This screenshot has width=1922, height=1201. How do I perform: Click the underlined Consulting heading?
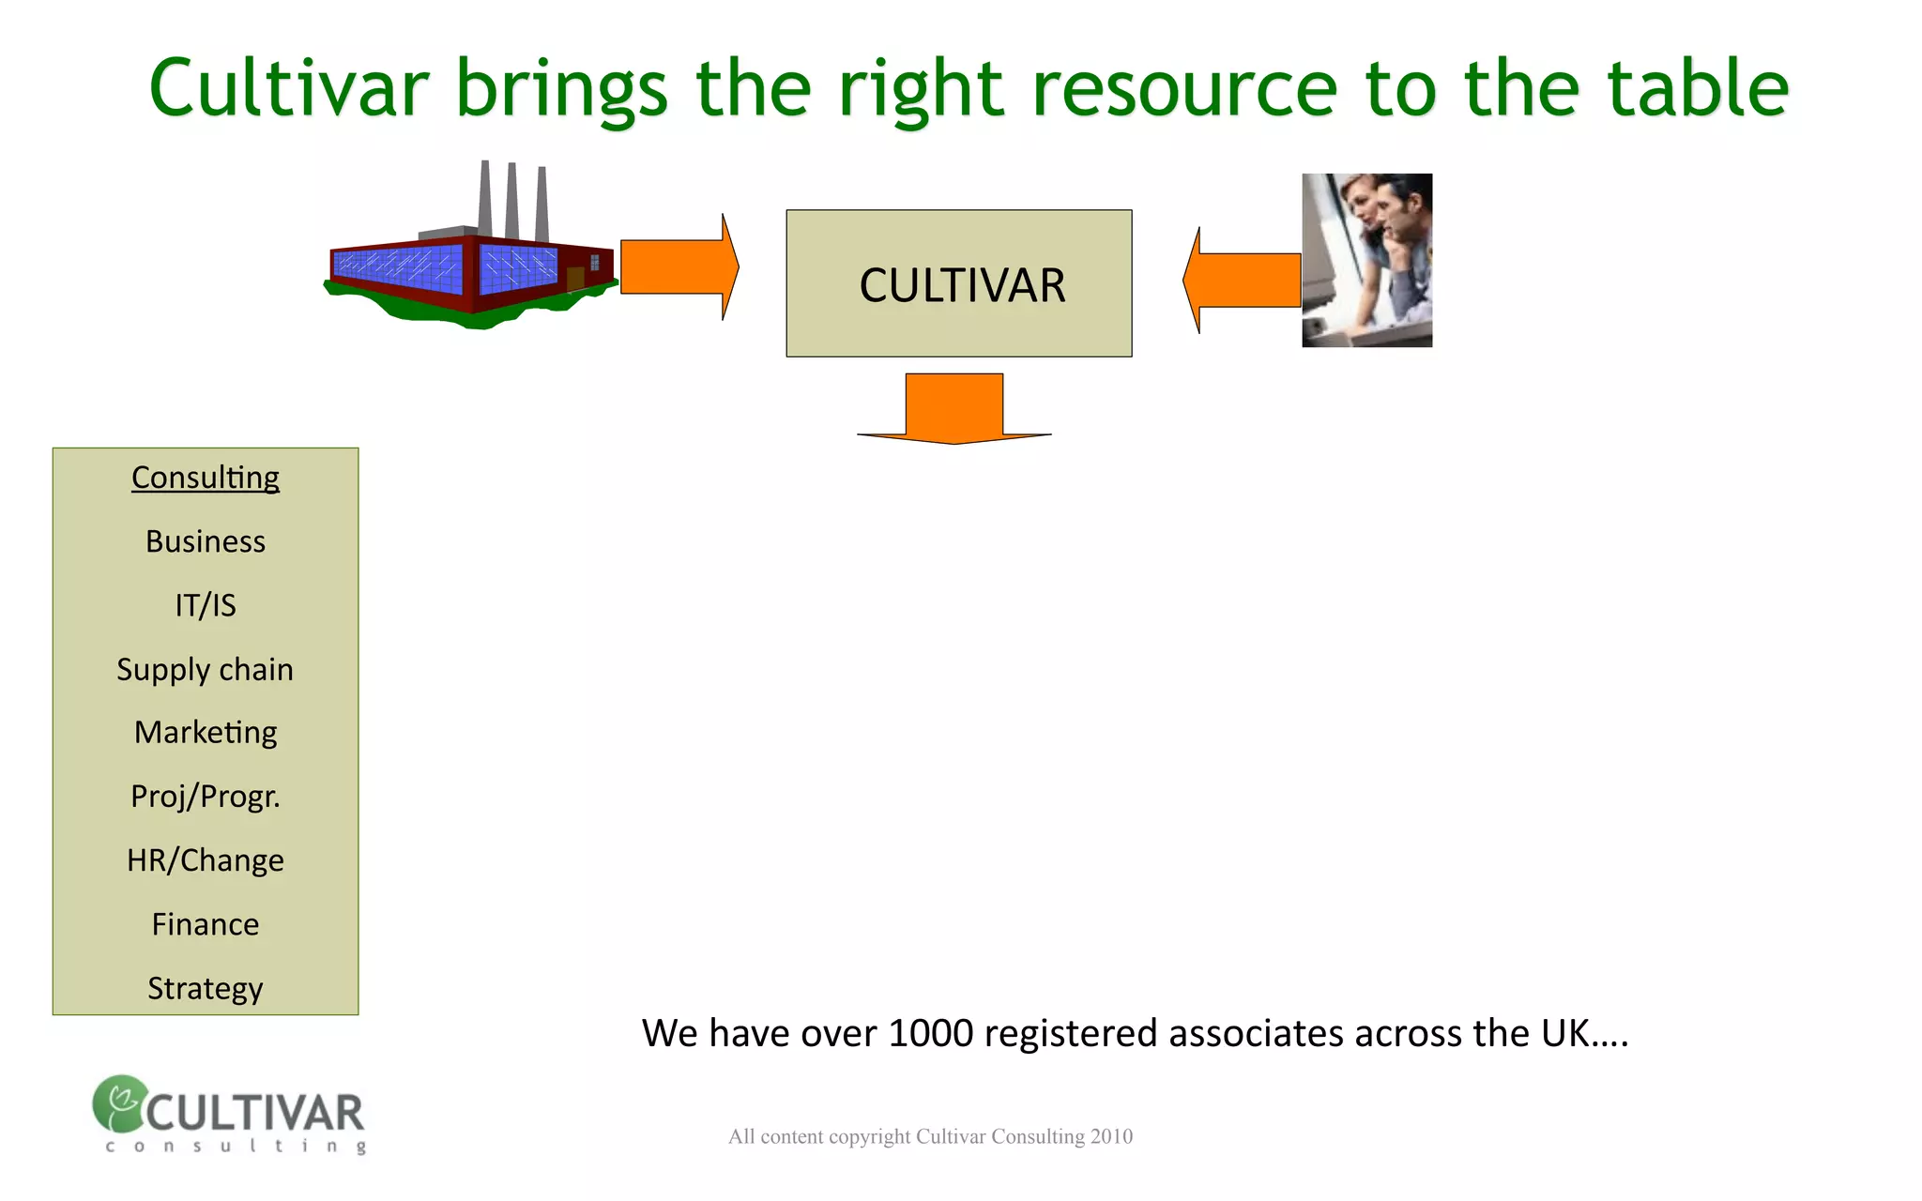(x=206, y=478)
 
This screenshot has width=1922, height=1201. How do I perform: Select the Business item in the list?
(x=206, y=541)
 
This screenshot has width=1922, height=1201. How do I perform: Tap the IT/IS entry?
(x=206, y=605)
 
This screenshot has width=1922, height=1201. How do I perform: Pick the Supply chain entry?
(x=206, y=669)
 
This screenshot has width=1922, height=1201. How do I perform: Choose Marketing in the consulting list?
(x=206, y=732)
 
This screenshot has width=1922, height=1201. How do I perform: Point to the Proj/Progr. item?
(x=206, y=797)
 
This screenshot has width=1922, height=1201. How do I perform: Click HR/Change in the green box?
(x=206, y=860)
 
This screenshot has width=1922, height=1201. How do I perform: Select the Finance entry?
(x=206, y=924)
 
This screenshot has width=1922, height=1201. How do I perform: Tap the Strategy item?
(x=206, y=988)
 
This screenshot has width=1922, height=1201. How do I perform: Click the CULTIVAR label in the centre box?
(x=962, y=285)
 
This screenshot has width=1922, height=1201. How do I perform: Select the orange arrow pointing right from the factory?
(x=679, y=267)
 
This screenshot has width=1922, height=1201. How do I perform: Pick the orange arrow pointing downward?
(x=954, y=408)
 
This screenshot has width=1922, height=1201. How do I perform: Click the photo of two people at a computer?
(x=1366, y=260)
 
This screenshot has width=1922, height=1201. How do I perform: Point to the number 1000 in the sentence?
(x=931, y=1033)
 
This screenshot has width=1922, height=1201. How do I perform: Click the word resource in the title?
(x=1184, y=88)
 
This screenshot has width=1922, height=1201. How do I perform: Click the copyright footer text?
(x=930, y=1136)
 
